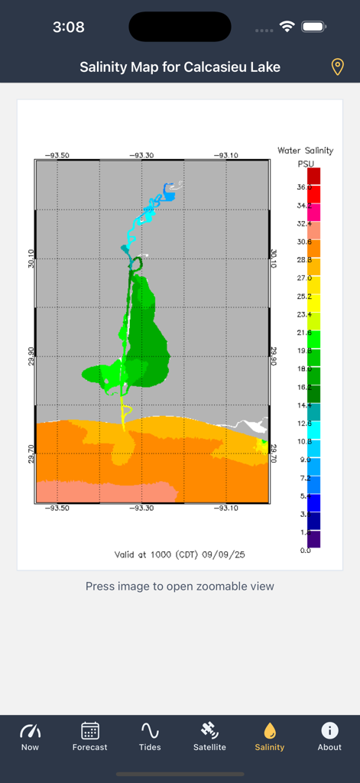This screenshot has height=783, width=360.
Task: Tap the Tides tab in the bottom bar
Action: (x=150, y=736)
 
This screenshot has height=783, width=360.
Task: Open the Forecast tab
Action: (x=90, y=736)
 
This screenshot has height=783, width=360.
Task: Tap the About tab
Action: (x=329, y=736)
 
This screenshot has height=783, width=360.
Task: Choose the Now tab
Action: (x=30, y=736)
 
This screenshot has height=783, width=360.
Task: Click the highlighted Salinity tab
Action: (x=269, y=736)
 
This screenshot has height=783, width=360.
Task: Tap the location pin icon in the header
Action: (x=337, y=67)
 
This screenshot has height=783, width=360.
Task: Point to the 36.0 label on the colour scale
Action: (x=304, y=187)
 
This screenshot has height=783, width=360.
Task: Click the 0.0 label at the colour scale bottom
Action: (x=304, y=551)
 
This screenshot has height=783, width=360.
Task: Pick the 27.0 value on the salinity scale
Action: (x=304, y=278)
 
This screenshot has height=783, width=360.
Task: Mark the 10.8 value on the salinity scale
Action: (x=304, y=441)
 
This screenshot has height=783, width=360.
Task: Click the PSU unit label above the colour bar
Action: (x=306, y=164)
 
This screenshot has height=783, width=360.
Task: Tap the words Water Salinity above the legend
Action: (x=306, y=151)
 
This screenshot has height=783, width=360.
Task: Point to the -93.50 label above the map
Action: (x=57, y=155)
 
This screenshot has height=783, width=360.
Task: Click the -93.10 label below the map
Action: (x=225, y=508)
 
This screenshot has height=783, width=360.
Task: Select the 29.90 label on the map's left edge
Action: (x=29, y=356)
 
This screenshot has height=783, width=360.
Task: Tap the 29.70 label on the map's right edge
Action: (x=274, y=453)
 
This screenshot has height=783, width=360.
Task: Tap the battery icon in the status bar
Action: (x=314, y=27)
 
